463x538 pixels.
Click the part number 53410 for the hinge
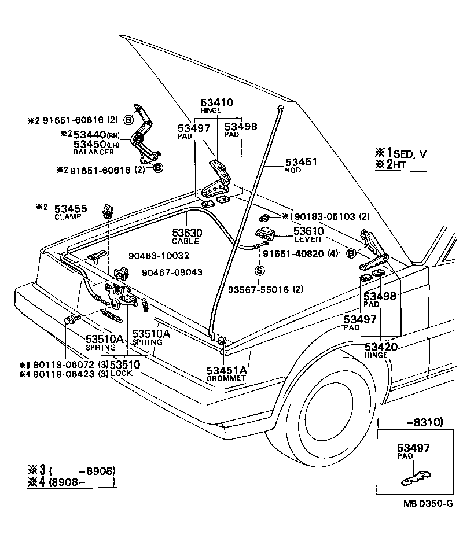point(217,103)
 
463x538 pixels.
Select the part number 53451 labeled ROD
point(301,163)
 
